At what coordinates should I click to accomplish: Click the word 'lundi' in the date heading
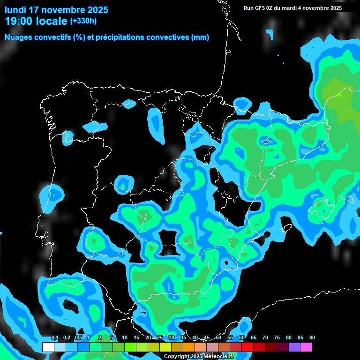pos(15,10)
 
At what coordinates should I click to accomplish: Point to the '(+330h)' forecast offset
pos(83,21)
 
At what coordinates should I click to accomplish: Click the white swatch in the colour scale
pos(48,347)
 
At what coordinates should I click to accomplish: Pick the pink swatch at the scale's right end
pos(306,347)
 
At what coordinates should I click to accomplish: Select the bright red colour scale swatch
pos(247,347)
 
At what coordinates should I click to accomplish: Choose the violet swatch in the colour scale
pos(294,347)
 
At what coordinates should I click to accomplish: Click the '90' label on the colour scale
pos(312,338)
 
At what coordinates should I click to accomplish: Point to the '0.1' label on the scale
pos(54,338)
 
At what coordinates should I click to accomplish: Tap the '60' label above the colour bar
pos(242,338)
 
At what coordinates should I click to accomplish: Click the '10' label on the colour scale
pos(125,338)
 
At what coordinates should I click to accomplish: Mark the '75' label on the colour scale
pos(277,338)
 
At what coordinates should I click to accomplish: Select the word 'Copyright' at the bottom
pos(176,357)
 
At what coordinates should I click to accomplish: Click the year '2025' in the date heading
pos(96,10)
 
